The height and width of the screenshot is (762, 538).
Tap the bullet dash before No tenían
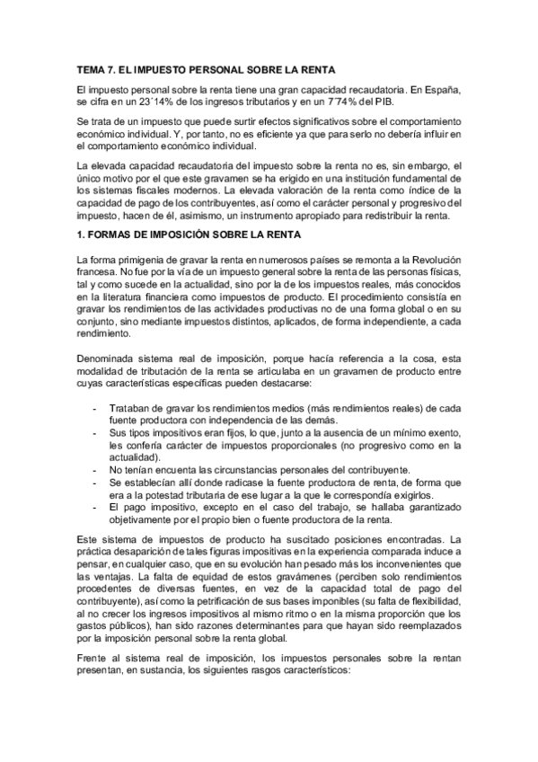pos(96,470)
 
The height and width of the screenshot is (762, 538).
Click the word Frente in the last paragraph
pos(94,657)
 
